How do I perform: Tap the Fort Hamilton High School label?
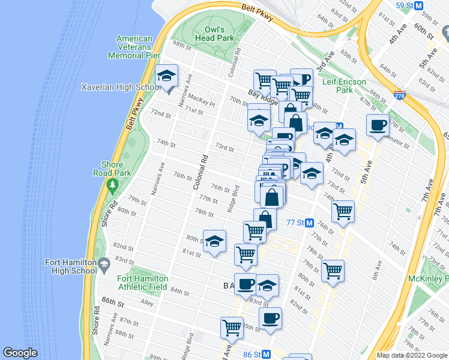(71, 266)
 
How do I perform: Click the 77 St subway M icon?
(310, 222)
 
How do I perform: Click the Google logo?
(20, 353)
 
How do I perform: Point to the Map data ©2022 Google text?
(412, 355)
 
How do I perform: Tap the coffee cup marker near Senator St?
(378, 125)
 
